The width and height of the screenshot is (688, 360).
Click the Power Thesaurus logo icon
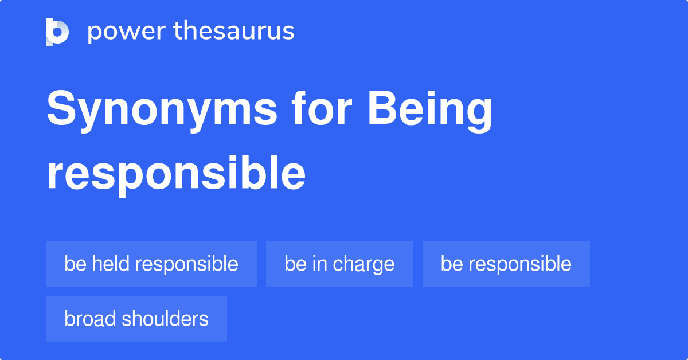click(57, 32)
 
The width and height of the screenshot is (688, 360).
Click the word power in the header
click(127, 32)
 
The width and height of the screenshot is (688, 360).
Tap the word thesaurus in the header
click(234, 30)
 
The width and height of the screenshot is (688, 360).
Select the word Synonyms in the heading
click(162, 111)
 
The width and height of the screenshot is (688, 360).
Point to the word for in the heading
click(322, 108)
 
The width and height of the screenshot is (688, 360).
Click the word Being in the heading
click(430, 111)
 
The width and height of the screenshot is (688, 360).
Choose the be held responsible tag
click(151, 264)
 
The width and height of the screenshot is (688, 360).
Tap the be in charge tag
click(339, 264)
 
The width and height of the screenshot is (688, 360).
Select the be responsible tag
click(506, 264)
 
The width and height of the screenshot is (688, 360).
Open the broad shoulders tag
click(136, 319)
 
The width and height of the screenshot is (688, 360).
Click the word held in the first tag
click(111, 263)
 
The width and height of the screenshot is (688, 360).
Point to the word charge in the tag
click(363, 264)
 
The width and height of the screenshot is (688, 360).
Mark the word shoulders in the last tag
click(165, 319)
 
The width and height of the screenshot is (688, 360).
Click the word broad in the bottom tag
click(90, 319)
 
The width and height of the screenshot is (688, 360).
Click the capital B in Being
click(381, 108)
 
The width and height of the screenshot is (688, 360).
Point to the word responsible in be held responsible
click(187, 264)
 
